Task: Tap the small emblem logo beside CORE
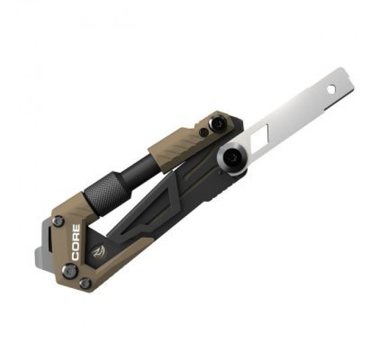(95, 251)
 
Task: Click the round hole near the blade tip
(331, 89)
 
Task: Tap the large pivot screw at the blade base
(234, 155)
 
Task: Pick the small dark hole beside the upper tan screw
(204, 133)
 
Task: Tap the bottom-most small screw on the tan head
(85, 283)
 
